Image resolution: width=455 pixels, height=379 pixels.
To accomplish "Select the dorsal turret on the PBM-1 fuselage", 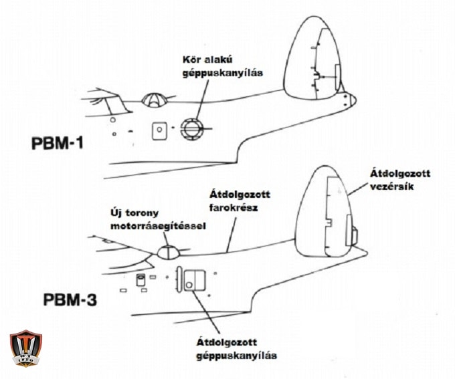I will click(155, 100).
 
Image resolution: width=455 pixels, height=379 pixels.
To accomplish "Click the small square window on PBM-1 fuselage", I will click(159, 130).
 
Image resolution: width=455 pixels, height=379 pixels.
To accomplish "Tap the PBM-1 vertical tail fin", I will click(314, 57).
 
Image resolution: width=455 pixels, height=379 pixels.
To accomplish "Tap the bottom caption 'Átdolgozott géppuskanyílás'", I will click(237, 350).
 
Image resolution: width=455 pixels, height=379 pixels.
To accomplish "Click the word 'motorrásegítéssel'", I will click(158, 227).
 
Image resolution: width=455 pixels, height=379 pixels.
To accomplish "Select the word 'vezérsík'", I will click(391, 187).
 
